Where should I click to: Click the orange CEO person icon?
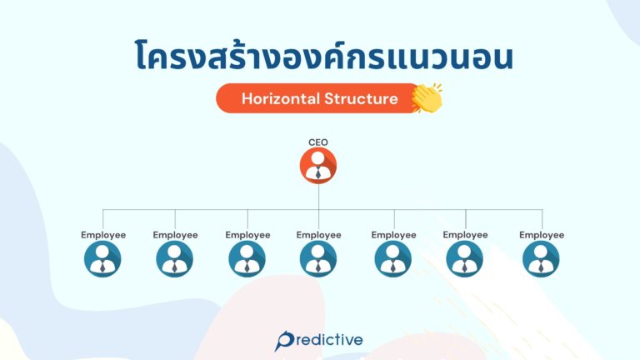318,166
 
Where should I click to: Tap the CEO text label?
318,142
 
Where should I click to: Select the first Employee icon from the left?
102,259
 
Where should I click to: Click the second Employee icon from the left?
175,259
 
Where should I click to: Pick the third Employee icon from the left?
247,259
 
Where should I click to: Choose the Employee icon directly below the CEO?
318,259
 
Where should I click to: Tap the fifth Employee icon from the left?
393,259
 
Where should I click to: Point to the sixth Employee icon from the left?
465,259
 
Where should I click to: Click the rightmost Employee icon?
541,259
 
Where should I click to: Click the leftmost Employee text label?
103,235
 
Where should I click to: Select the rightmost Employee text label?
542,235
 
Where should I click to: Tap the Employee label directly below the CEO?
318,235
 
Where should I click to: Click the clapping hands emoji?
427,97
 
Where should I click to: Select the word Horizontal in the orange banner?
278,98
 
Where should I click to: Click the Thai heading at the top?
320,54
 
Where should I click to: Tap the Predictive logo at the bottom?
320,340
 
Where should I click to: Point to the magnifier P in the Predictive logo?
284,340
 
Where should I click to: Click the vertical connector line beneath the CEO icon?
318,197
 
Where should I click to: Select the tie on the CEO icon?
318,173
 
